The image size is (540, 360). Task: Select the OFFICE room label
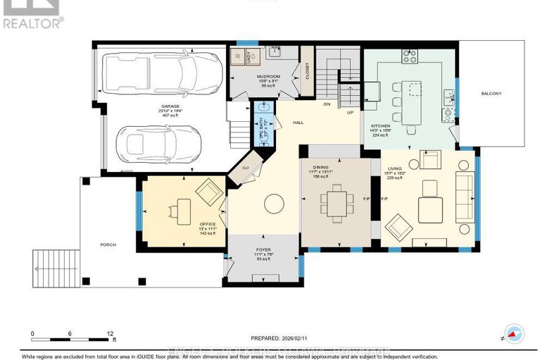(x=188, y=223)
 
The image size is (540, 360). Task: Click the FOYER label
(x=263, y=250)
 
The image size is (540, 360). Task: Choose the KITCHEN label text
(x=380, y=125)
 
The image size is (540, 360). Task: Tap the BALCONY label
(x=491, y=93)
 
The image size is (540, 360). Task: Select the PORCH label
(x=108, y=244)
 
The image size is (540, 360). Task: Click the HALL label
(x=298, y=122)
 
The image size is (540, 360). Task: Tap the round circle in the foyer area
(x=273, y=205)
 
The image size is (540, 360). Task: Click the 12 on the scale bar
(x=111, y=334)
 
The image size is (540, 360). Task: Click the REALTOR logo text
(x=32, y=22)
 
